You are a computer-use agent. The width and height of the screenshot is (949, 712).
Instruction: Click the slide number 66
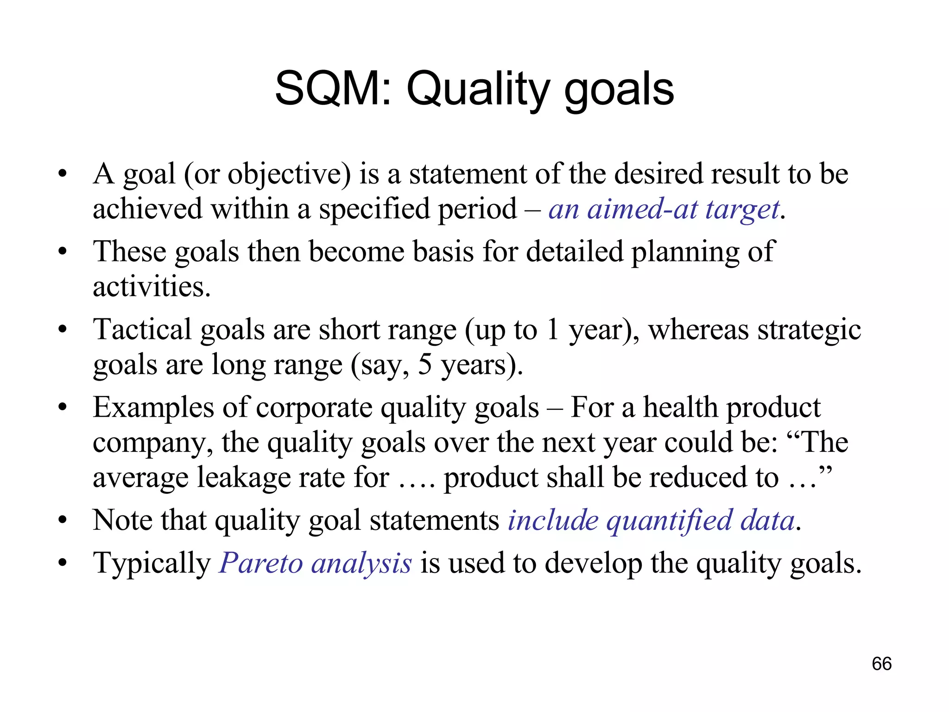pyautogui.click(x=881, y=664)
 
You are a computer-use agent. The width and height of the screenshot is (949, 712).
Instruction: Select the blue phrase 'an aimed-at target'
pyautogui.click(x=664, y=210)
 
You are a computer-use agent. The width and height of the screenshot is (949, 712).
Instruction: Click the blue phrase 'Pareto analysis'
pyautogui.click(x=315, y=564)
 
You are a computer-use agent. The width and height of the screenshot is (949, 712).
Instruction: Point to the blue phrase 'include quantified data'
pyautogui.click(x=652, y=521)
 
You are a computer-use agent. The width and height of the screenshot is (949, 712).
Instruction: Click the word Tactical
pyautogui.click(x=142, y=330)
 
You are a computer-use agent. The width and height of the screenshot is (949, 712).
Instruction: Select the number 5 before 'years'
pyautogui.click(x=424, y=365)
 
